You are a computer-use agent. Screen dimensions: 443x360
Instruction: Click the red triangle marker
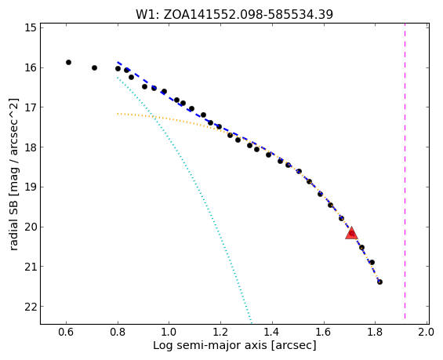[x=351, y=233]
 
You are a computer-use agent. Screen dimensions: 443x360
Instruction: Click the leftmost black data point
[x=68, y=62]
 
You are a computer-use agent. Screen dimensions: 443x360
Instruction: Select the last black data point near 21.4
[x=379, y=282]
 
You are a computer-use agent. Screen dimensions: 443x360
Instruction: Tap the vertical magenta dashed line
[x=405, y=173]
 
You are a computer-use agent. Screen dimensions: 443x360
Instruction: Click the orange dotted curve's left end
[x=118, y=114]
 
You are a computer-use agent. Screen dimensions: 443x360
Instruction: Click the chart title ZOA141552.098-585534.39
[x=234, y=14]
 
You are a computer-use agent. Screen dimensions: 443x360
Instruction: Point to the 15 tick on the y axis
[x=41, y=27]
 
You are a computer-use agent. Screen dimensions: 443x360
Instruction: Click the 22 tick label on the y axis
[x=31, y=307]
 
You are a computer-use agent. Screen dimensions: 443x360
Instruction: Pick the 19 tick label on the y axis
[x=31, y=187]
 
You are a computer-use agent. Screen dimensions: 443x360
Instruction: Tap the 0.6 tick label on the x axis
[x=66, y=332]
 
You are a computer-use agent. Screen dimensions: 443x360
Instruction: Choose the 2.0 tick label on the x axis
[x=426, y=332]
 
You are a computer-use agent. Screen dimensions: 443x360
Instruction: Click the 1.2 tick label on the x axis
[x=220, y=332]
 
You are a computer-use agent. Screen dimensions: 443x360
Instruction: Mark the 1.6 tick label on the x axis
[x=323, y=332]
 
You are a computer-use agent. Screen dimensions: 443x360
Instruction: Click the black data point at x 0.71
[x=94, y=67]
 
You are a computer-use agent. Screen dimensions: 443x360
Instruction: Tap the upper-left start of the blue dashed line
[x=118, y=62]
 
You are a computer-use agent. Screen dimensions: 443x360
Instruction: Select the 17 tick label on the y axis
[x=31, y=107]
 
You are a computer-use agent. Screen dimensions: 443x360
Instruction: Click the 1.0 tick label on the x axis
[x=169, y=332]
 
